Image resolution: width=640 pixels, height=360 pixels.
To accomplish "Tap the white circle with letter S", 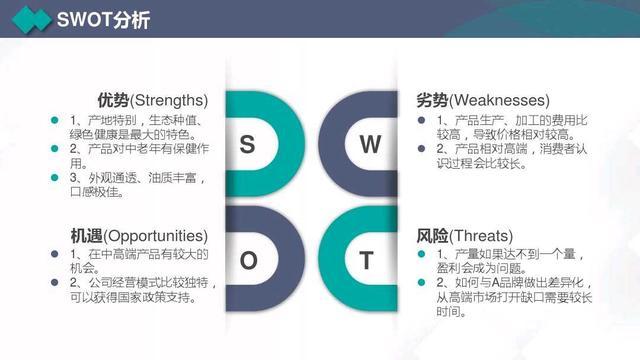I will click(x=247, y=144).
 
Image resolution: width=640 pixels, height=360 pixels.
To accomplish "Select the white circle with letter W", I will click(x=370, y=144).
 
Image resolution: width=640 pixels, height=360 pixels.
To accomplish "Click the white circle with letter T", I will click(x=367, y=262).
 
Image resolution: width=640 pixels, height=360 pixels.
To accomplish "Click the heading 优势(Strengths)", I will click(x=152, y=100).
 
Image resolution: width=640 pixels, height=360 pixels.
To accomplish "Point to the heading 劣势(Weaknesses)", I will click(x=482, y=100).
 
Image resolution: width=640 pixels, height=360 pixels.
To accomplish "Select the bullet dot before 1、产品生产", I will click(x=423, y=120).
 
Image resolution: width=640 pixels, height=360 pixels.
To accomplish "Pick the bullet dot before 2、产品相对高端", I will click(x=423, y=148).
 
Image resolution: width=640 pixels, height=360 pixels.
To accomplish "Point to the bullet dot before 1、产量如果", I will click(x=423, y=255).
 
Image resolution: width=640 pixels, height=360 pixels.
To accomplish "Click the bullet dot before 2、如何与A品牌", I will click(x=423, y=283).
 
